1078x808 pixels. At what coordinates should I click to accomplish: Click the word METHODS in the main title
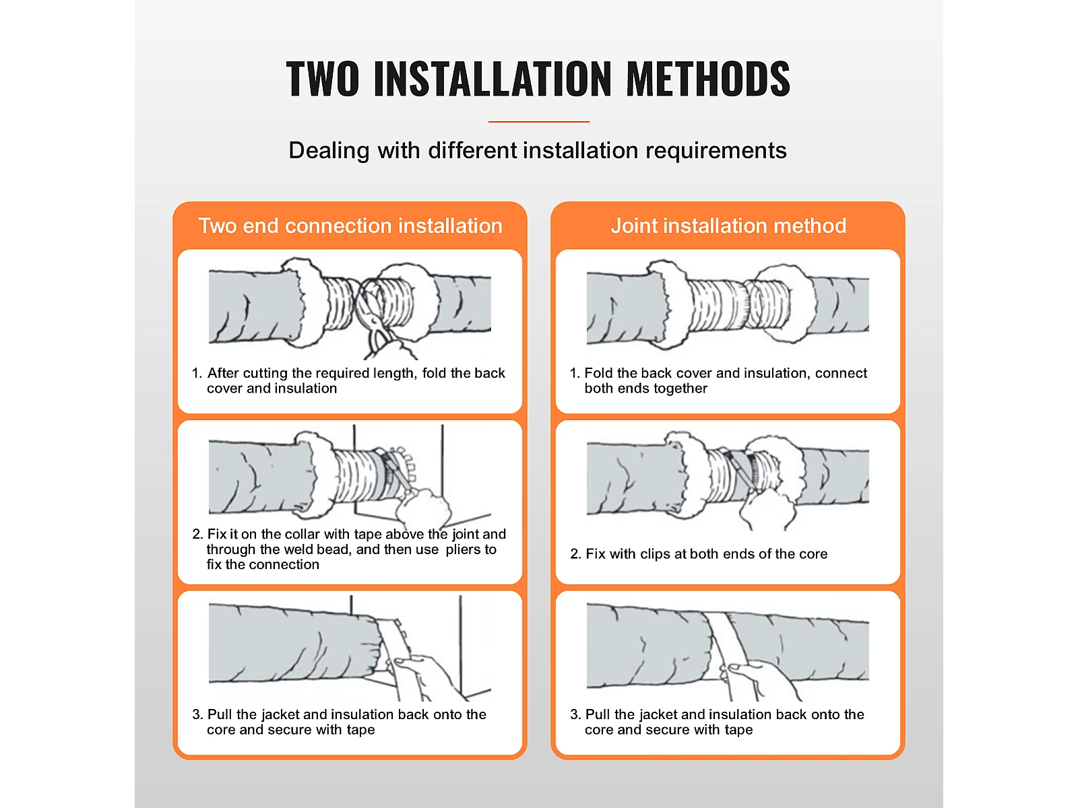tap(707, 79)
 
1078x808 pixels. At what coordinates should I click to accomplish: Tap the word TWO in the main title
tap(322, 79)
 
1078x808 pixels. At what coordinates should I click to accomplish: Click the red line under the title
tap(538, 121)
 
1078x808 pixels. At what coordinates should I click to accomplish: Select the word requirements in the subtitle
tap(716, 151)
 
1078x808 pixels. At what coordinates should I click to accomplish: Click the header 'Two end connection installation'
tap(350, 226)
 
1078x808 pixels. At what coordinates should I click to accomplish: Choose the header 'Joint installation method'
tap(728, 226)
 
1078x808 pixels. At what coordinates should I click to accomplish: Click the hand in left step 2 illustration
tap(423, 508)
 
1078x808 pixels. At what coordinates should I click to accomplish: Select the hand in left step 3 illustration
tap(427, 677)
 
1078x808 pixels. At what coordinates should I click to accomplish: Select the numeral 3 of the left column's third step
tap(197, 714)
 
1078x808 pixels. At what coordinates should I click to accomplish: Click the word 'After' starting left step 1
tap(223, 373)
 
